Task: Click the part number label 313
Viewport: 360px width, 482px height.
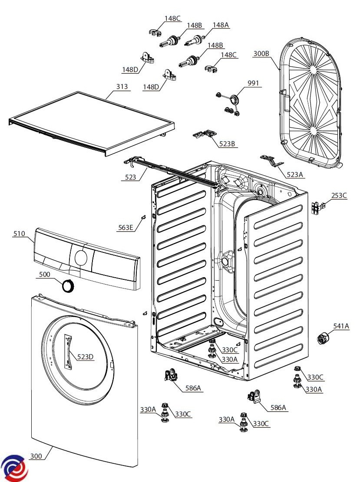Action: (x=122, y=87)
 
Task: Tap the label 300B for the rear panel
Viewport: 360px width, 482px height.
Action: (x=261, y=54)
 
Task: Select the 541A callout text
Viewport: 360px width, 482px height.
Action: (x=341, y=326)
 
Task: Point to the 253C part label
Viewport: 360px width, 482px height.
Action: (x=339, y=196)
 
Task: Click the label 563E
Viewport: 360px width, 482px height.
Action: (x=126, y=227)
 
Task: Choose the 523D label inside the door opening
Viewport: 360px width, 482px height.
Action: (x=85, y=357)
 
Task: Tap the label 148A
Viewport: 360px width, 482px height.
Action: (x=221, y=25)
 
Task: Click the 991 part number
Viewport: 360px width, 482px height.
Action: (x=254, y=83)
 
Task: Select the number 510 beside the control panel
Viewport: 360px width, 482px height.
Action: (x=19, y=234)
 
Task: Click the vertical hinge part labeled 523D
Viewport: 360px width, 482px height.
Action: (x=68, y=351)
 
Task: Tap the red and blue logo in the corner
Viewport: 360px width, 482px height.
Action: (x=14, y=468)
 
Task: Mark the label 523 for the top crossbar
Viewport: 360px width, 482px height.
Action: (x=130, y=177)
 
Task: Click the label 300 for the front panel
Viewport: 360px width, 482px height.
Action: (x=36, y=456)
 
